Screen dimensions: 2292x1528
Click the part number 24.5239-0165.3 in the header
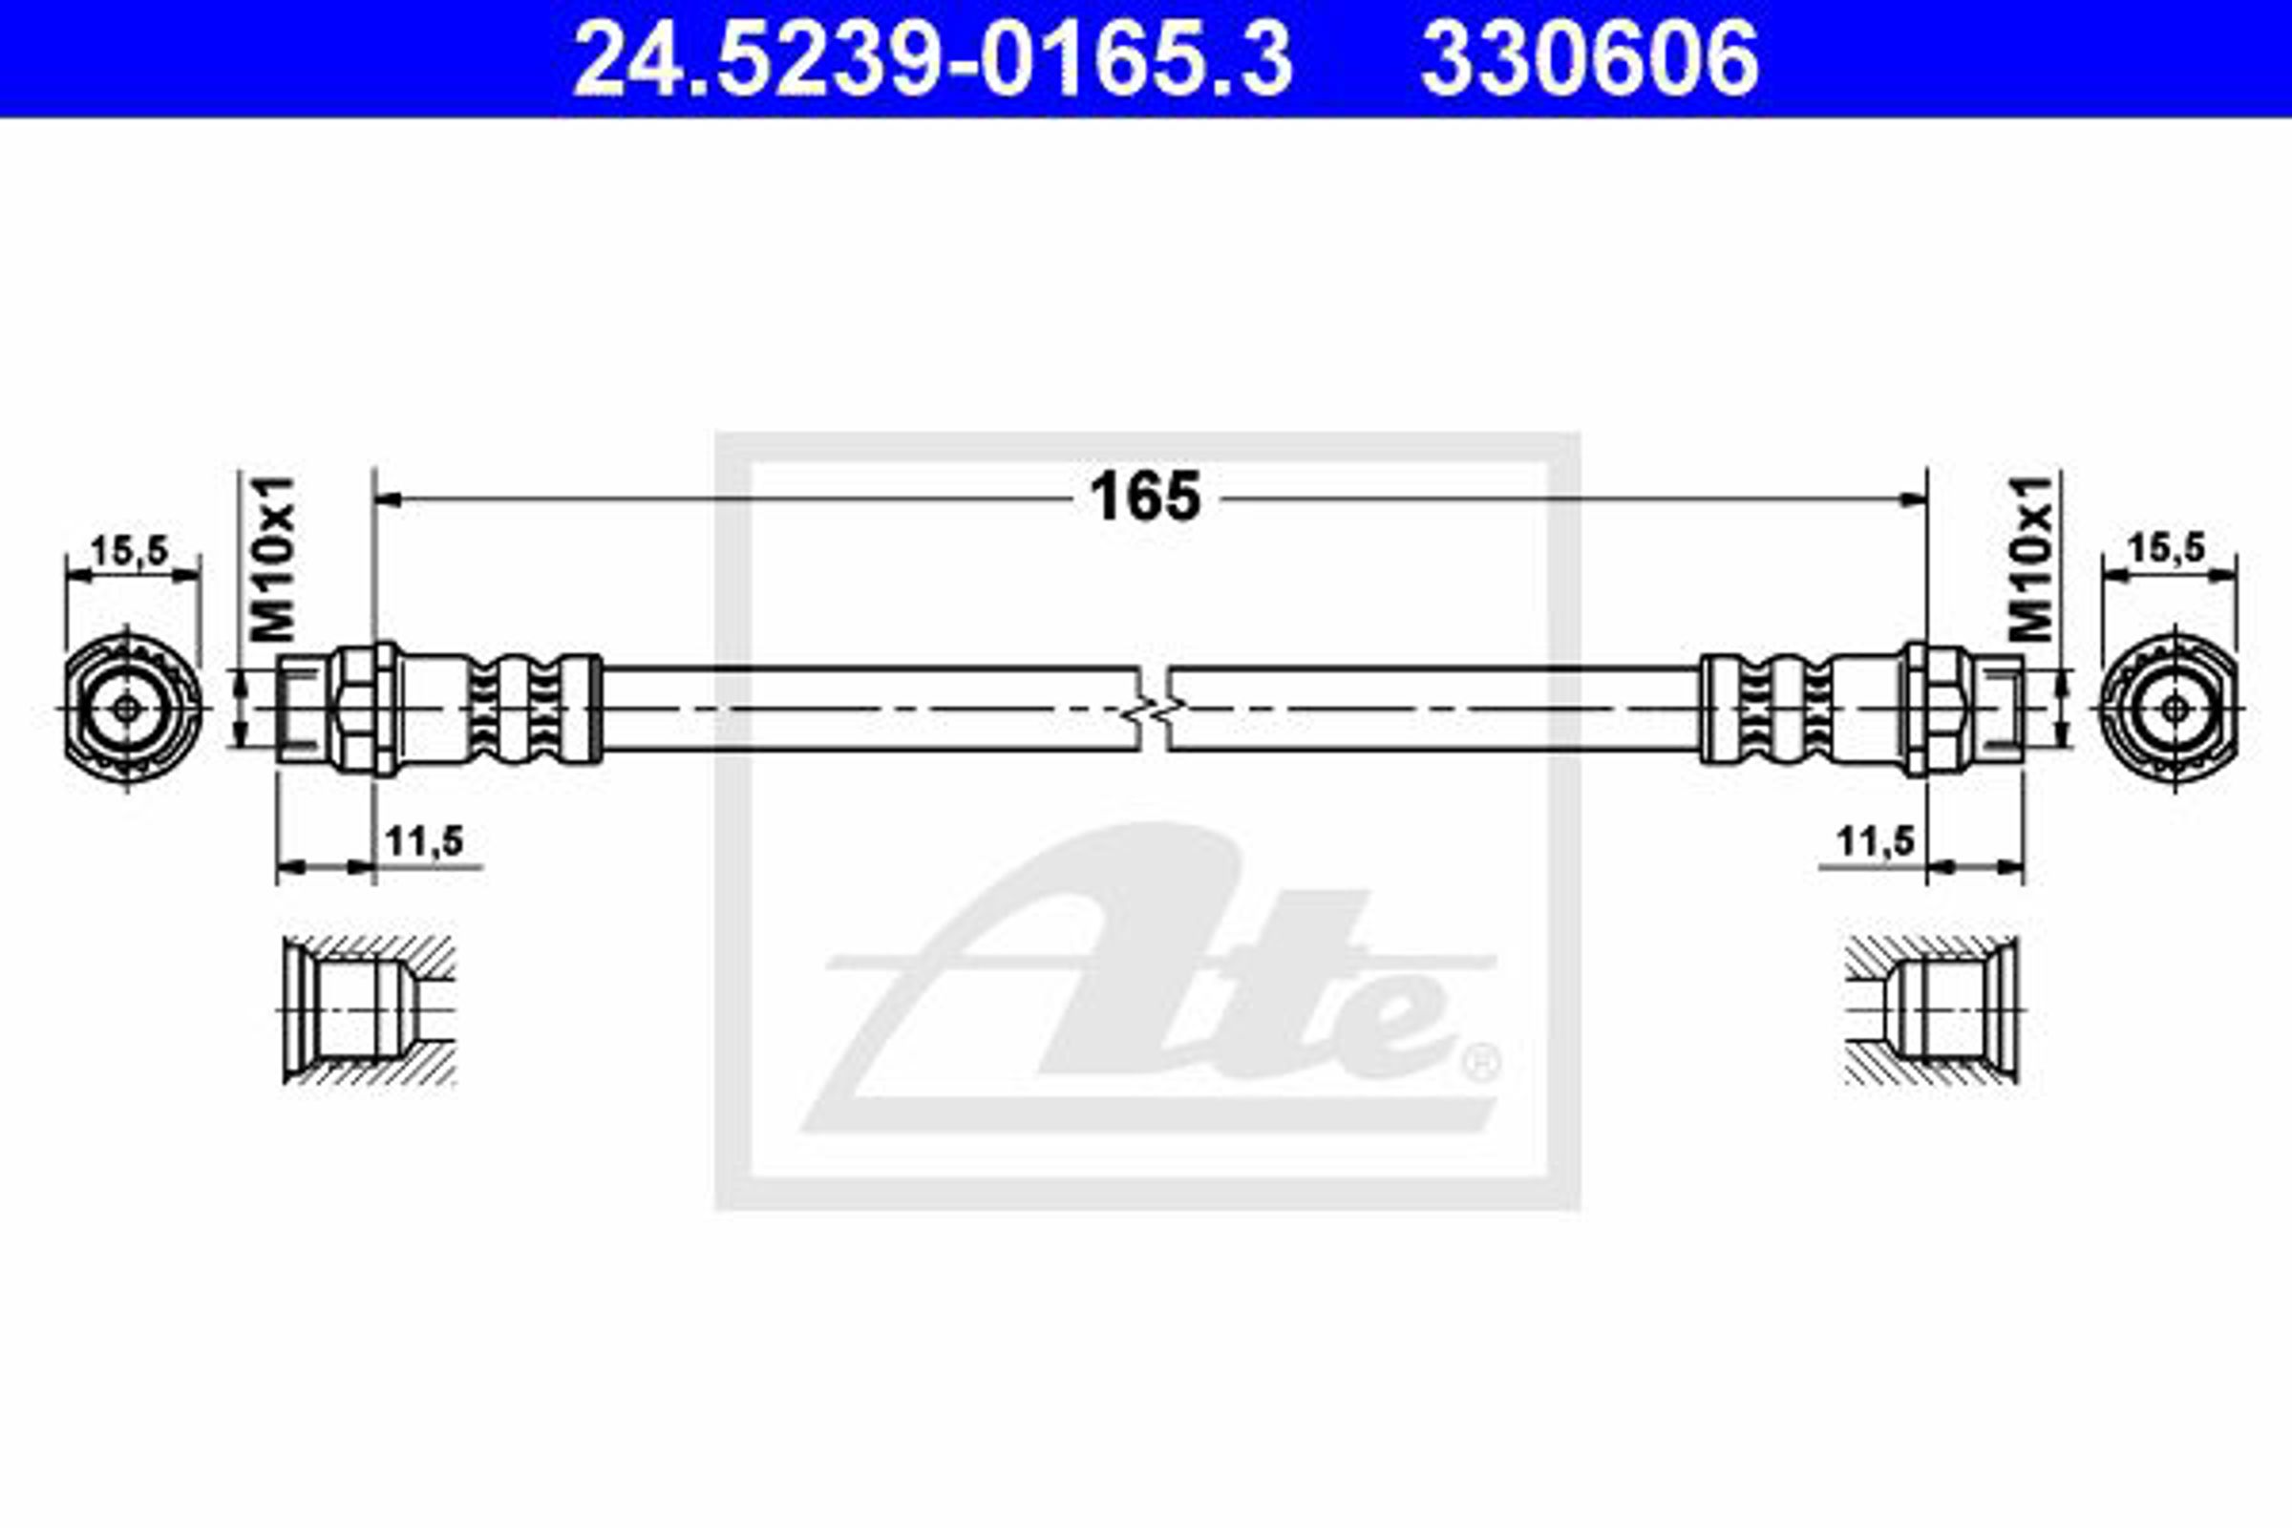coord(933,60)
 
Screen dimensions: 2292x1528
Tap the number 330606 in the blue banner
coord(1589,60)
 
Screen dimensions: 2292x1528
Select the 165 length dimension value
coord(1145,497)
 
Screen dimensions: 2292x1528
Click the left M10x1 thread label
coord(272,560)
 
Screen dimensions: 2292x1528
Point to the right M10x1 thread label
coord(2033,560)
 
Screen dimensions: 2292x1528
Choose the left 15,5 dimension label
coord(130,551)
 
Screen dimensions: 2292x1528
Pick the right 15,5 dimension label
coord(2166,548)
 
